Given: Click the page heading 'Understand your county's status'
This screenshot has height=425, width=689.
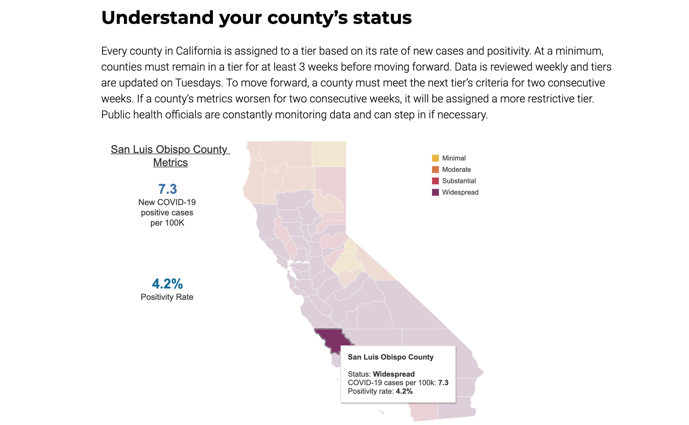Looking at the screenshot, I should pos(256,18).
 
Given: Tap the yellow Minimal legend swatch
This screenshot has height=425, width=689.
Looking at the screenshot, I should pos(435,158).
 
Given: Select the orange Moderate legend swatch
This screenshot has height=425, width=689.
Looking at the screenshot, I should pos(435,170).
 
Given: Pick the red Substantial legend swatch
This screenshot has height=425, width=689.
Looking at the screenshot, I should pos(435,181).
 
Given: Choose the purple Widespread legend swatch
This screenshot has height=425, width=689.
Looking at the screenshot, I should pos(435,192).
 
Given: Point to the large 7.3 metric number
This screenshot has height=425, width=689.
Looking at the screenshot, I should pos(167,189).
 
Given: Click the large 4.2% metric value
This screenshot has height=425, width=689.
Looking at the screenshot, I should pos(167,284).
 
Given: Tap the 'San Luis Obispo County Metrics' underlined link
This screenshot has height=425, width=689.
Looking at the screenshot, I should pos(170,156).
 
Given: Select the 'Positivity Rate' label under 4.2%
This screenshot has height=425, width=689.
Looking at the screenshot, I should pos(167,297).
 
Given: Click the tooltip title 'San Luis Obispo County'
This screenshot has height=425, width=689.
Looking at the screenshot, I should pos(390,357).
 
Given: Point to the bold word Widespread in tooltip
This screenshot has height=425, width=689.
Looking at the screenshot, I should pos(394,374).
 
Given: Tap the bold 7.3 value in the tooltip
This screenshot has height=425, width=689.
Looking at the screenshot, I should pos(443,383).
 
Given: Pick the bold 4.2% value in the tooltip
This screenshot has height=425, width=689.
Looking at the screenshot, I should pos(404,391).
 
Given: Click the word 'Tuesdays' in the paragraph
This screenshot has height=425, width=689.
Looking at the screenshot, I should pos(198,83).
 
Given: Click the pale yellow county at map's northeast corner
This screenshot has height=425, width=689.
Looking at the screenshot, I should pos(329,154).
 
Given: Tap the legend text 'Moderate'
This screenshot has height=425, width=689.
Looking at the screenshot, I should pos(456,170).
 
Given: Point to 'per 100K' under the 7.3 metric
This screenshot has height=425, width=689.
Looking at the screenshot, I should pos(167,223).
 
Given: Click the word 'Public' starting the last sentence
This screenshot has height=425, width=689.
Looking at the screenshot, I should pos(116,115).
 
